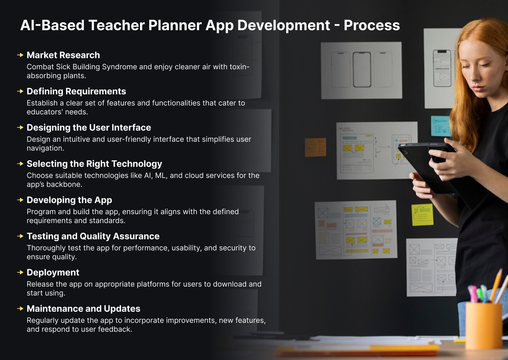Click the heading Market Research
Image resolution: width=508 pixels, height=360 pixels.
(63, 55)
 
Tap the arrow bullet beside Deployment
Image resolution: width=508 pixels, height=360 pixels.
(20, 272)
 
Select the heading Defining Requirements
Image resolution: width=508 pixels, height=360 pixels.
(76, 91)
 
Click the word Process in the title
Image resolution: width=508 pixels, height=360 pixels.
(371, 25)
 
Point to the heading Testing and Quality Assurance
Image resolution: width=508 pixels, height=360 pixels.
(93, 236)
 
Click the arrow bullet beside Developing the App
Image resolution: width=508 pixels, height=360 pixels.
(20, 200)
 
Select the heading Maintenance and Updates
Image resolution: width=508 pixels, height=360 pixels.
(83, 309)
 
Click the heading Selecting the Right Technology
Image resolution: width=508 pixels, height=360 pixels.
(94, 164)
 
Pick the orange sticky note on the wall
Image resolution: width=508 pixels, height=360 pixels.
(315, 147)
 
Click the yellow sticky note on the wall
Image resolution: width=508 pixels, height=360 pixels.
(422, 215)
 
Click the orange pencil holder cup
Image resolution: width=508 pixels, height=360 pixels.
(484, 326)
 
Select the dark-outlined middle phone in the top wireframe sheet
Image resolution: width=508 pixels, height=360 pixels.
(362, 70)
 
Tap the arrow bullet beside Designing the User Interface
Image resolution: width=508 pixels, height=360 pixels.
(20, 127)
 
